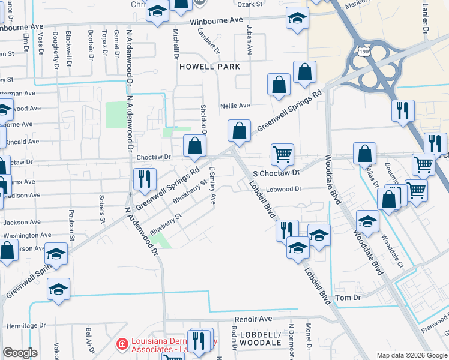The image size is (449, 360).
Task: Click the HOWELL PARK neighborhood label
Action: pos(209,67)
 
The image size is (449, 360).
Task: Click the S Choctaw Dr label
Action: pos(276,173)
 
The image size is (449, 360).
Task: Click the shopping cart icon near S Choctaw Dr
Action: pos(282,154)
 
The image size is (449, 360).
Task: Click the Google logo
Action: pos(20,353)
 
